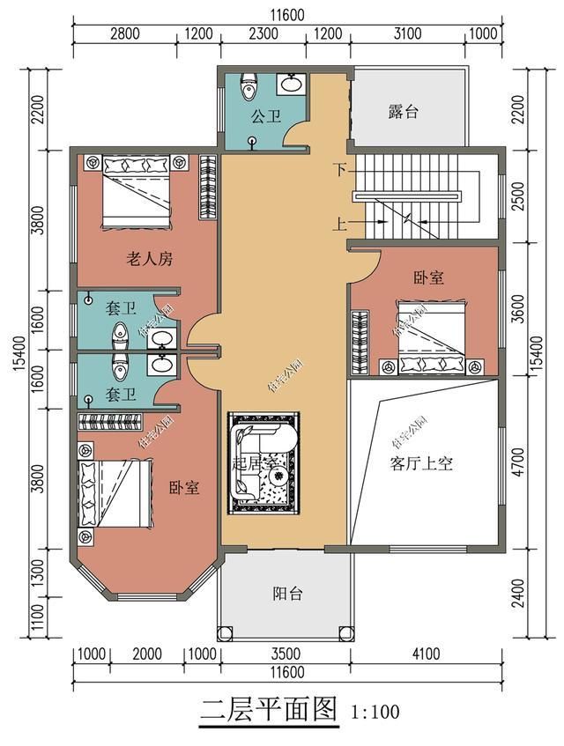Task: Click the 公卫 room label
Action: point(265,116)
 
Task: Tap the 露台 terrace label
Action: point(403,112)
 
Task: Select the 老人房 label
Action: point(149,259)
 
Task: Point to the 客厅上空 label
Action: point(421,464)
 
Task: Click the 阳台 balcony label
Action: point(287,593)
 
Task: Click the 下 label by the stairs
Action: point(339,167)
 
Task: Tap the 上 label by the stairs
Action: point(339,223)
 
